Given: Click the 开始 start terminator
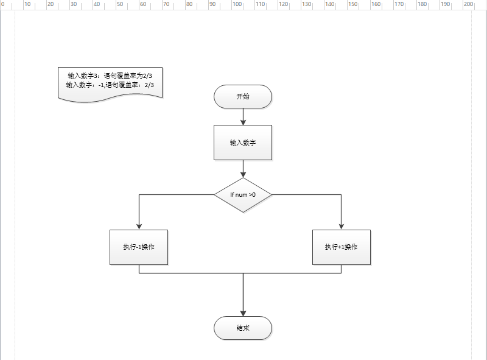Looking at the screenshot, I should click(243, 96).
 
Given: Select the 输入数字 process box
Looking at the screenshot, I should click(243, 143).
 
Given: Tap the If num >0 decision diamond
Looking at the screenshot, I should click(243, 195).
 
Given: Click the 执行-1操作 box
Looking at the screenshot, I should click(139, 247).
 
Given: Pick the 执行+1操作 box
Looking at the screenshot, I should click(341, 247).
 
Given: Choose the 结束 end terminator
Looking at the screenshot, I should click(243, 328).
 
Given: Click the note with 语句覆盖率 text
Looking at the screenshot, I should click(110, 82).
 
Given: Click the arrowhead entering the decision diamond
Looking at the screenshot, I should click(243, 174).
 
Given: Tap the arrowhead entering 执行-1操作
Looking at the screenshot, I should click(139, 226).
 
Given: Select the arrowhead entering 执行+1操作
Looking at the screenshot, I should click(341, 226).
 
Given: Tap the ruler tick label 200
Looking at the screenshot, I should click(469, 4).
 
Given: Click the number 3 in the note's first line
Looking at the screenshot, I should click(96, 76).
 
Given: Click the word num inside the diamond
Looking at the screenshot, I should click(242, 195).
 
